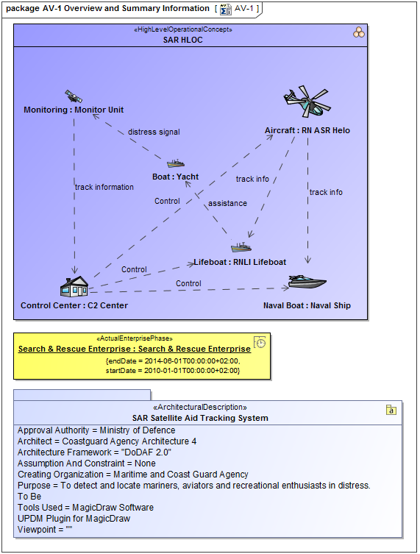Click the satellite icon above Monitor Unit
pyautogui.click(x=73, y=96)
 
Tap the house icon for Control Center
pyautogui.click(x=74, y=286)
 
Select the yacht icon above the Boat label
pyautogui.click(x=175, y=163)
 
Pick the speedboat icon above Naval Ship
pyautogui.click(x=307, y=282)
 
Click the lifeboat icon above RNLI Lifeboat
pyautogui.click(x=241, y=248)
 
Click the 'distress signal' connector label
pyautogui.click(x=154, y=132)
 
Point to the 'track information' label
pyautogui.click(x=104, y=187)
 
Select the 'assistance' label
pyautogui.click(x=227, y=203)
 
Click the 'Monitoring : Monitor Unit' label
pyautogui.click(x=74, y=110)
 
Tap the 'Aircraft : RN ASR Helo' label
pyautogui.click(x=307, y=131)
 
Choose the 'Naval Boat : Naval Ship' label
pyautogui.click(x=307, y=305)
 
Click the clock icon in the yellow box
pyautogui.click(x=260, y=342)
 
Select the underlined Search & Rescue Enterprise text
pyautogui.click(x=134, y=349)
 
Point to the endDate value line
pyautogui.click(x=173, y=361)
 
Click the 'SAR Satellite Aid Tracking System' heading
pyautogui.click(x=200, y=418)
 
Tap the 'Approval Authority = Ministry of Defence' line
pyautogui.click(x=96, y=430)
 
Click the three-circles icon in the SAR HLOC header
pyautogui.click(x=358, y=32)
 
